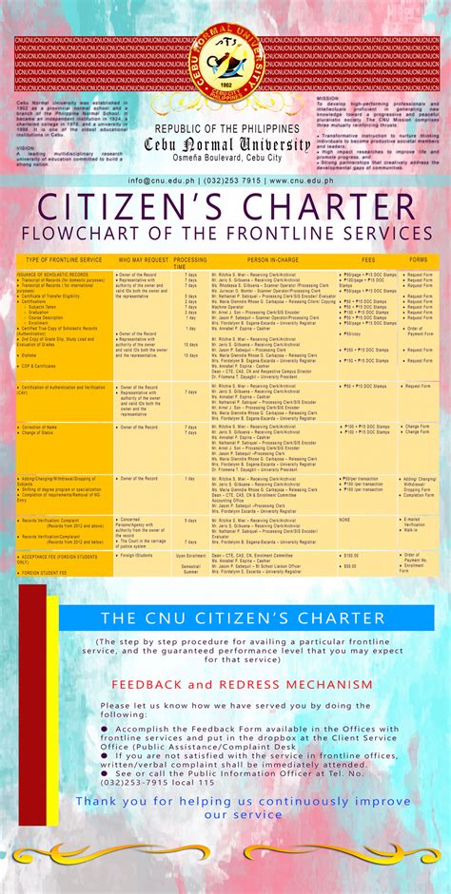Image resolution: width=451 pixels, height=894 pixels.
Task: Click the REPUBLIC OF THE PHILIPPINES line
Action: coord(225,128)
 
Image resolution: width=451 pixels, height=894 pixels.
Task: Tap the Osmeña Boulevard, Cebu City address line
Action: coord(225,158)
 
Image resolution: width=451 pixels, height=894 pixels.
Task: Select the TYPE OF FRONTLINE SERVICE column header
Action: coord(64,259)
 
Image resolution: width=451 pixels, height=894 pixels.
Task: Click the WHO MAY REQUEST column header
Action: coord(143,259)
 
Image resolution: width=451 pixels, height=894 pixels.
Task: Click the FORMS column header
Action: coord(418,259)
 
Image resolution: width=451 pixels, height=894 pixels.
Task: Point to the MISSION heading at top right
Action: coord(327,96)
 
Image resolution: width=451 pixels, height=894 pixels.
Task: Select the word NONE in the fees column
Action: coord(344,520)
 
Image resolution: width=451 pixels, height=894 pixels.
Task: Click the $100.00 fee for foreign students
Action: coord(351,554)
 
